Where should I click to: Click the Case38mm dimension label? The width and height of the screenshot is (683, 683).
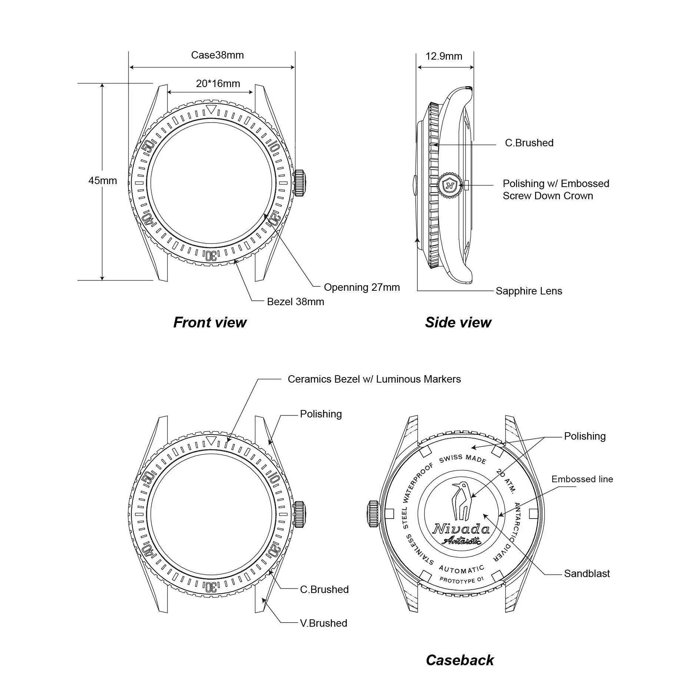point(217,55)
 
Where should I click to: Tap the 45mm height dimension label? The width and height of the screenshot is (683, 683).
point(103,181)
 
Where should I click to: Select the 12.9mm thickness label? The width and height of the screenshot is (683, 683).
point(444,56)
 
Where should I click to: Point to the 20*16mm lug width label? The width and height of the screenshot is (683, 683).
point(218,84)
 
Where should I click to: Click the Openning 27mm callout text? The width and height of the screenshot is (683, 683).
point(362,287)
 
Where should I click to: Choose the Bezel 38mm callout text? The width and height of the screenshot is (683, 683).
point(295,302)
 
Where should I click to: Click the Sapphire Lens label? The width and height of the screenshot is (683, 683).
point(529,291)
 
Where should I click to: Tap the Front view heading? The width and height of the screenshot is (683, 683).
point(210,322)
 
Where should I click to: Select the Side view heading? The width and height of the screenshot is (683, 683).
point(458,322)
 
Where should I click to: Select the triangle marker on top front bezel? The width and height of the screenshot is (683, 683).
point(211,110)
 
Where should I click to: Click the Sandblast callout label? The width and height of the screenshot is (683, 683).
point(587,574)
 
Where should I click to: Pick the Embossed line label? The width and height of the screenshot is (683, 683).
point(582,479)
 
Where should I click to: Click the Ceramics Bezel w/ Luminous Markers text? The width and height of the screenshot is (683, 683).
point(374,379)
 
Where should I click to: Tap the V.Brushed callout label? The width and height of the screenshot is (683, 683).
point(323,623)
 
